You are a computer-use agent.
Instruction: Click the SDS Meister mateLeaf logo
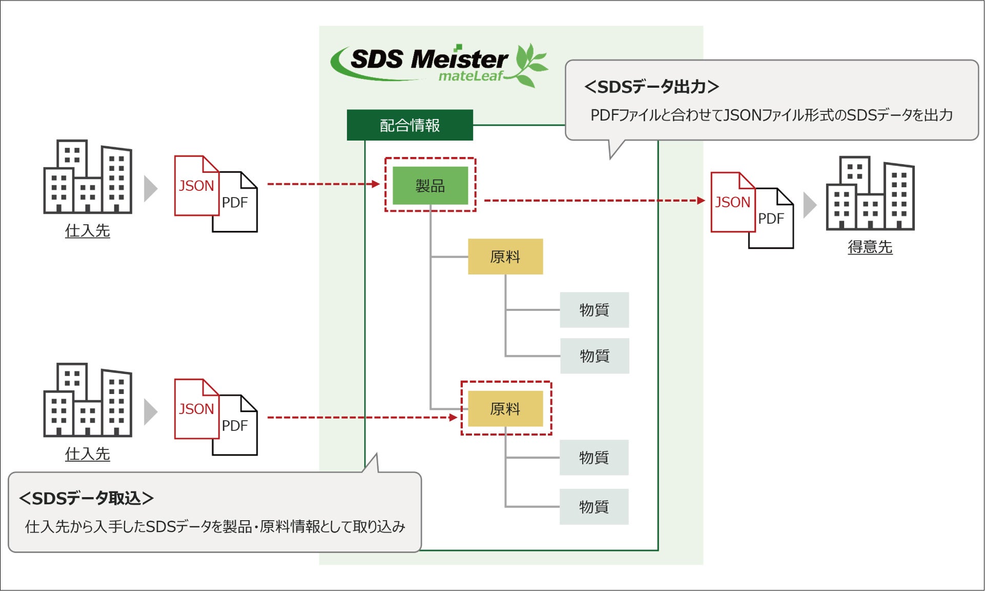pyautogui.click(x=439, y=65)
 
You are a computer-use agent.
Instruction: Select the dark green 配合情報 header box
pyautogui.click(x=409, y=125)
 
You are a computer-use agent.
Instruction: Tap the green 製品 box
pyautogui.click(x=430, y=185)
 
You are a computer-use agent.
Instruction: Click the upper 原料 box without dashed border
pyautogui.click(x=505, y=257)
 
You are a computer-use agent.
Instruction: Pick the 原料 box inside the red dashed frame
pyautogui.click(x=505, y=409)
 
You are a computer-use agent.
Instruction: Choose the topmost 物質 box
pyautogui.click(x=594, y=310)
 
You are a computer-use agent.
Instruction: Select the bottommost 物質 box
pyautogui.click(x=594, y=507)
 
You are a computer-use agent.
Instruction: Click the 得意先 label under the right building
pyautogui.click(x=870, y=247)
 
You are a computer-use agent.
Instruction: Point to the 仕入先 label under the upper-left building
pyautogui.click(x=87, y=231)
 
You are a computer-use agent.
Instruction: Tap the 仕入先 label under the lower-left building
pyautogui.click(x=87, y=454)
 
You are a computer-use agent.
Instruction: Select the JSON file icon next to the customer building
pyautogui.click(x=732, y=203)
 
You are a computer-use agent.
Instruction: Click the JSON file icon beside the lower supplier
pyautogui.click(x=196, y=409)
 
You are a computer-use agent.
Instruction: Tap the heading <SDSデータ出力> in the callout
pyautogui.click(x=652, y=87)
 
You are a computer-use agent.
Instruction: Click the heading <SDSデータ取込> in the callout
pyautogui.click(x=86, y=498)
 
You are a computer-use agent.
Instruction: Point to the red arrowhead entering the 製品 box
pyautogui.click(x=376, y=184)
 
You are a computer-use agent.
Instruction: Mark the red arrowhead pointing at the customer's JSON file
pyautogui.click(x=701, y=201)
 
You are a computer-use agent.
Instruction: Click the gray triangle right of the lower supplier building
pyautogui.click(x=150, y=412)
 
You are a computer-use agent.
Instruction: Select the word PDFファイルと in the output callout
pyautogui.click(x=631, y=115)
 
